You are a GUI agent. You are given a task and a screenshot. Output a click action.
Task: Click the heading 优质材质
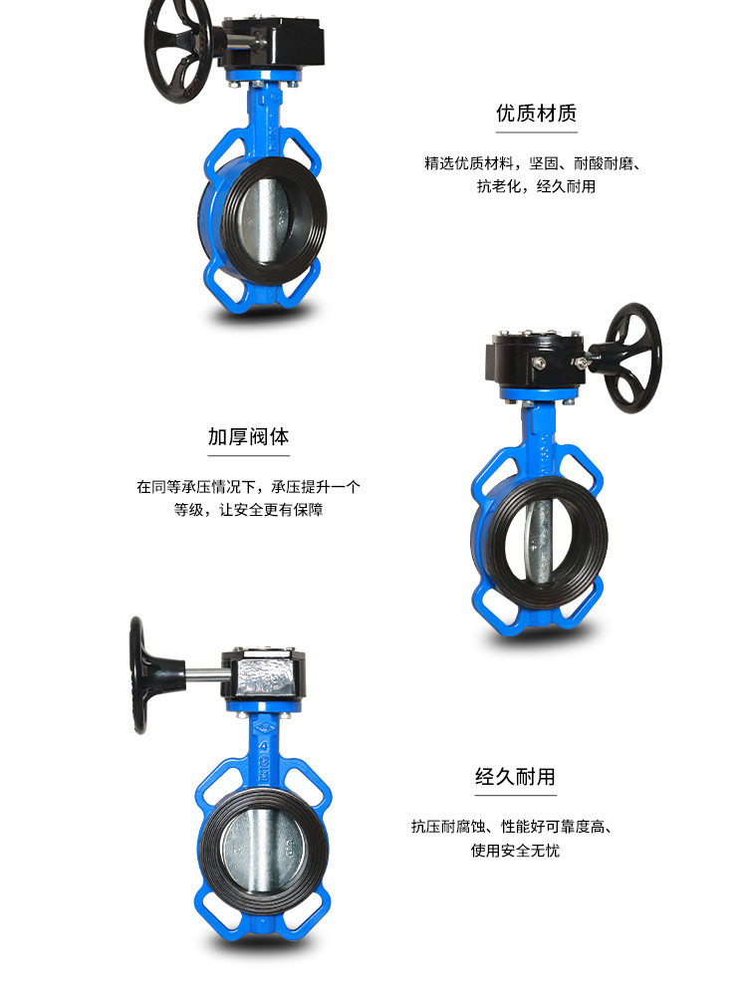[536, 113]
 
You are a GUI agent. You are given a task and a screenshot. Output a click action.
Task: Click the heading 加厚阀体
[248, 436]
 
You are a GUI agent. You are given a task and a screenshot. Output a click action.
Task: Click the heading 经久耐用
[515, 776]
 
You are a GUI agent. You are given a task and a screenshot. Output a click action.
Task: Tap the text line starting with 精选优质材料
[532, 162]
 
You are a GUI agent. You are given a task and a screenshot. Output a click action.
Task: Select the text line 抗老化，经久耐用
[536, 186]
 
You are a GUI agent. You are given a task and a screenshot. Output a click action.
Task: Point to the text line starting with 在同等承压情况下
[248, 487]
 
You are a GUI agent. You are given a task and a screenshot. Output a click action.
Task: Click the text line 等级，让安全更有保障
[248, 510]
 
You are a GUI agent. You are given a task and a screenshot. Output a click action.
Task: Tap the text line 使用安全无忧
[515, 851]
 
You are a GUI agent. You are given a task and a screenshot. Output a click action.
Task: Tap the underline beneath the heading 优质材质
[536, 132]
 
